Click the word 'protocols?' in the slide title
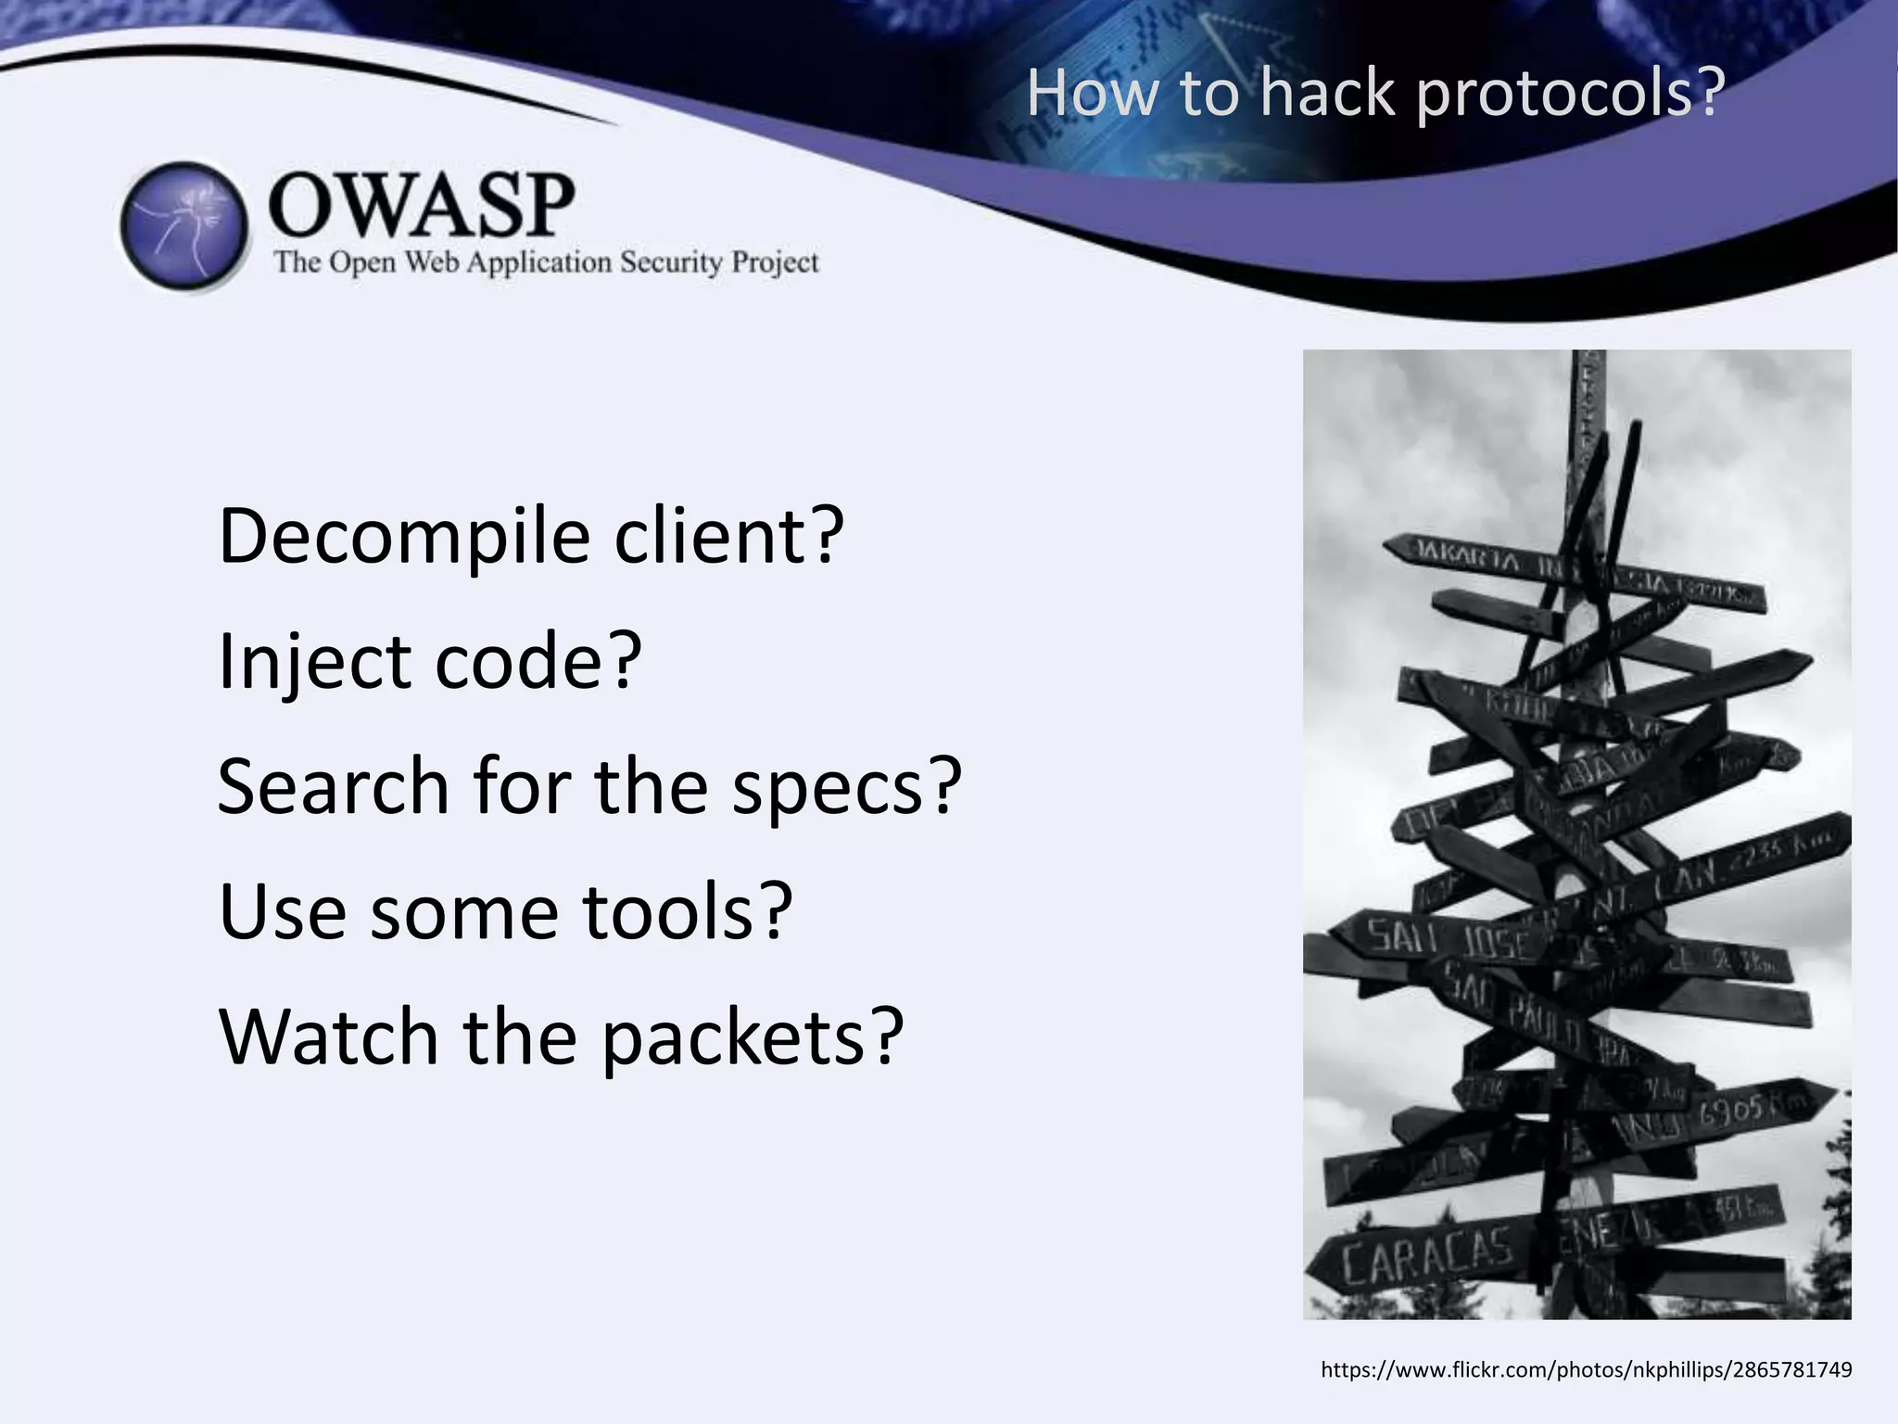pos(1570,95)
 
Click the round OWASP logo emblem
pos(185,226)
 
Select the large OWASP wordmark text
pos(422,206)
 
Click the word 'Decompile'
pos(404,537)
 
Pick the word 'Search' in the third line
pos(333,786)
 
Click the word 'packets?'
pos(752,1038)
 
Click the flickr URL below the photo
pos(1586,1370)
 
